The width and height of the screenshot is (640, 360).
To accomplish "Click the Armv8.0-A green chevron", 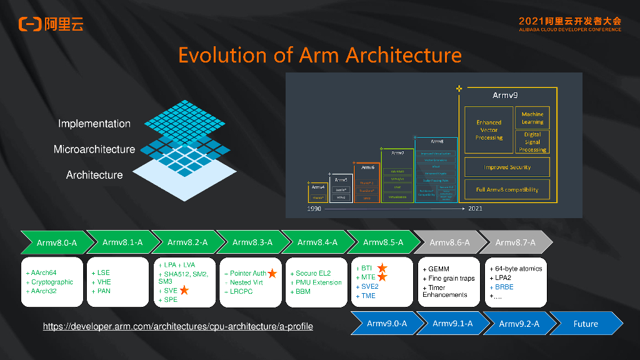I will (56, 242).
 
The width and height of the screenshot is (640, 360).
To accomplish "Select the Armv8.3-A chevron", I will (252, 242).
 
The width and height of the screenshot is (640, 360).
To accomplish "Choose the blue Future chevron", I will (586, 324).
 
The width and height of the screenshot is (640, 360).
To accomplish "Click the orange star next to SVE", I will (184, 291).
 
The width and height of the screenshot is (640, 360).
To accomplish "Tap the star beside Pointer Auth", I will (272, 274).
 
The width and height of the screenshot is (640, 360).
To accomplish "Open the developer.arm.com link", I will (177, 327).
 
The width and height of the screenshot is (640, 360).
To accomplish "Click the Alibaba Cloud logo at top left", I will (51, 24).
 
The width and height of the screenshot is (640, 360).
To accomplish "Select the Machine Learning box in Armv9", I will (532, 118).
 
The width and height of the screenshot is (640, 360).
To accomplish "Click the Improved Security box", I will (507, 167).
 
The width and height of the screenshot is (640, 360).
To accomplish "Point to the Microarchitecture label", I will (94, 149).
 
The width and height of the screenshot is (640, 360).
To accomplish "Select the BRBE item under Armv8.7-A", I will (504, 286).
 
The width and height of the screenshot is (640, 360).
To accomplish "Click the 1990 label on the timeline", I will (314, 209).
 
